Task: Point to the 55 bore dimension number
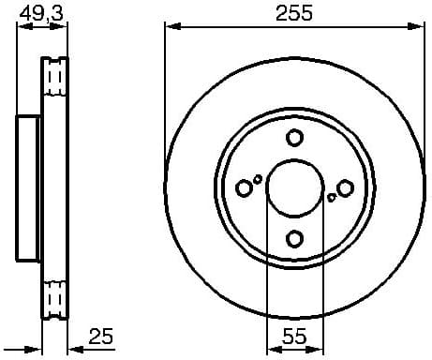pos(294,336)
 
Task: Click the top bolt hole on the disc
pos(294,138)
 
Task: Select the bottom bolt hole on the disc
pos(294,239)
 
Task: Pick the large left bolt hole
pos(244,188)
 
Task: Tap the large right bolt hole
pos(346,188)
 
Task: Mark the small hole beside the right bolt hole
pos(332,198)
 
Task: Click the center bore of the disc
pos(294,188)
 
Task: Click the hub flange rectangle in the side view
pos(29,188)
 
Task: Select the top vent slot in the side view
pos(55,75)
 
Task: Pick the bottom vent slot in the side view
pos(55,300)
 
